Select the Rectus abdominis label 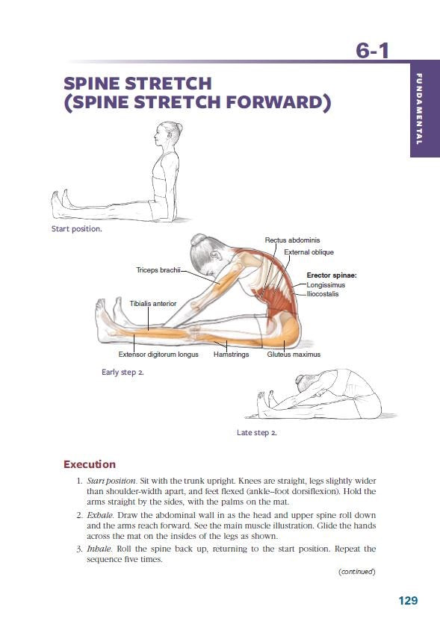coord(292,240)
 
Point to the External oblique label coord(309,252)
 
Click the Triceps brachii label coord(158,269)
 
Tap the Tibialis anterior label coord(153,304)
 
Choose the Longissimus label coord(326,284)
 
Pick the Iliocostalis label coord(323,293)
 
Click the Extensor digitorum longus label coord(158,355)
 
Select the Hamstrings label coord(231,355)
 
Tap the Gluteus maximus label coord(294,355)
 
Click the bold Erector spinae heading coord(332,275)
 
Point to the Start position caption coord(76,228)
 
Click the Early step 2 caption coord(122,372)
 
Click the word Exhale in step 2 coord(100,515)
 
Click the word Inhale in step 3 coord(99,549)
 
